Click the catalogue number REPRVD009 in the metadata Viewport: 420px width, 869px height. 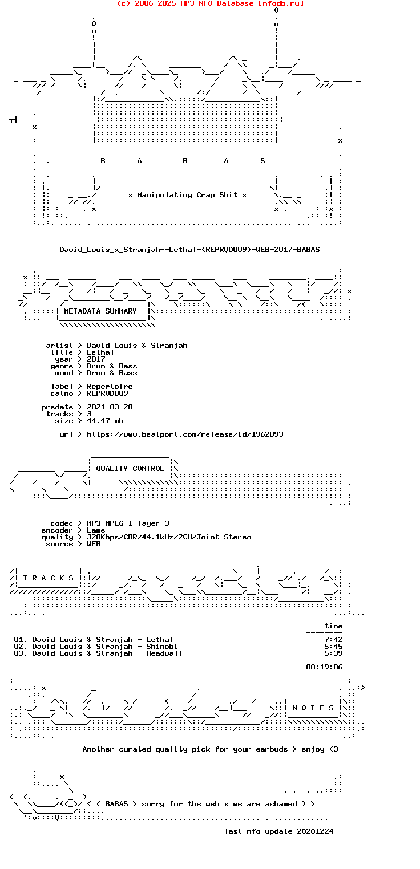pyautogui.click(x=107, y=393)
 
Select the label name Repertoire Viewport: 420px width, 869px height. pyautogui.click(x=110, y=387)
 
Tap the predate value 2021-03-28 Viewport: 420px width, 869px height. pyautogui.click(x=110, y=407)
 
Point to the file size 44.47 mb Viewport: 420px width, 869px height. pyautogui.click(x=105, y=421)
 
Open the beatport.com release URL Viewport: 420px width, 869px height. pyautogui.click(x=185, y=434)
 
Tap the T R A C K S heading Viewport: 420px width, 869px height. pyautogui.click(x=46, y=578)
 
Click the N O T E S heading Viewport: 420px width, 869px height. pyautogui.click(x=313, y=708)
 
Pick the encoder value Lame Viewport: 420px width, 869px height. pyautogui.click(x=96, y=530)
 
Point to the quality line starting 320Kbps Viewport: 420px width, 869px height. pyautogui.click(x=169, y=537)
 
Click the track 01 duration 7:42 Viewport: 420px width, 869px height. pyautogui.click(x=333, y=640)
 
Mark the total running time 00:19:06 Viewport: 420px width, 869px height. pyautogui.click(x=324, y=667)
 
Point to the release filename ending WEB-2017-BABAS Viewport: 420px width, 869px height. pyautogui.click(x=189, y=250)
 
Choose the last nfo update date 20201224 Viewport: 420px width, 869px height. pyautogui.click(x=315, y=831)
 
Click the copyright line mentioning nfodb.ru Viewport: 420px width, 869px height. pyautogui.click(x=210, y=3)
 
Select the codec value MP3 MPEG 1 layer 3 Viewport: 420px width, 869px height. pyautogui.click(x=128, y=523)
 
